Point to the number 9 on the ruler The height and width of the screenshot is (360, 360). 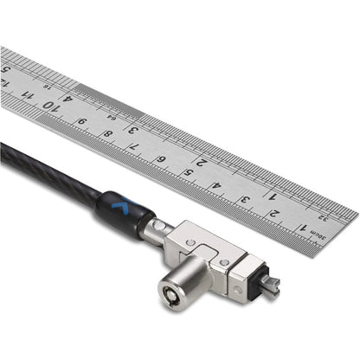[x=80, y=121]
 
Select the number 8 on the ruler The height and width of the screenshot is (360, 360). [x=106, y=133]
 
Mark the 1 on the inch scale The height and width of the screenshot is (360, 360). [x=271, y=194]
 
